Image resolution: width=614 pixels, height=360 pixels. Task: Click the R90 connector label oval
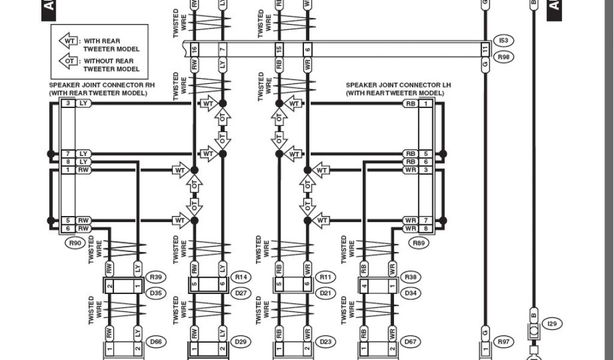pos(75,244)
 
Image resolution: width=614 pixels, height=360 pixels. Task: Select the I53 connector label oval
pos(503,41)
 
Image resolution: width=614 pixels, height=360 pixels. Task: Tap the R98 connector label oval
pos(503,57)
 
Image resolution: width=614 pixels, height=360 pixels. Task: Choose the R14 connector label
pos(241,277)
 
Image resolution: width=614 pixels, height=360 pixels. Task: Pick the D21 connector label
pos(326,293)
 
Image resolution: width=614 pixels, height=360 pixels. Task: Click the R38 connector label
pos(410,277)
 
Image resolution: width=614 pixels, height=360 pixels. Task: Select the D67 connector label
pos(410,342)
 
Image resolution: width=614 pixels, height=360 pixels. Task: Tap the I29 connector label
pos(552,324)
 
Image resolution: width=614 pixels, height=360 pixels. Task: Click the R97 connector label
pos(503,342)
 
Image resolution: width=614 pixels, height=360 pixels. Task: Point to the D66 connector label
pos(156,342)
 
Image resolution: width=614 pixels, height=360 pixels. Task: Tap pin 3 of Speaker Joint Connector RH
pos(68,103)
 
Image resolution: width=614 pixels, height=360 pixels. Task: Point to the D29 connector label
pos(241,342)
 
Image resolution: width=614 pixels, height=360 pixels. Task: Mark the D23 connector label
pos(326,342)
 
